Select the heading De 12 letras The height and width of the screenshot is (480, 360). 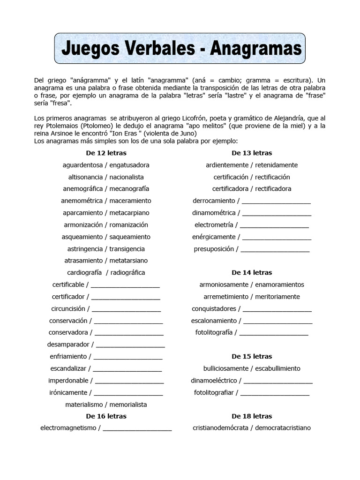tap(106, 153)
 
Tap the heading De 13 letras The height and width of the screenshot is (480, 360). tap(252, 153)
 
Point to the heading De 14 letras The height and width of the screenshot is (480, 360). tap(252, 272)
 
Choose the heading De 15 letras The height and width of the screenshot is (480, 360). tap(252, 356)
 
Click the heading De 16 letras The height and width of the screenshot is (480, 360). tap(106, 416)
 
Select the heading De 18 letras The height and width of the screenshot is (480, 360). tap(252, 416)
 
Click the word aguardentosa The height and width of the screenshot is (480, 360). tap(82, 165)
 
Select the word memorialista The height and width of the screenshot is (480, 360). tap(128, 404)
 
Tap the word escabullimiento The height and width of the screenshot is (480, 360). tap(278, 368)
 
